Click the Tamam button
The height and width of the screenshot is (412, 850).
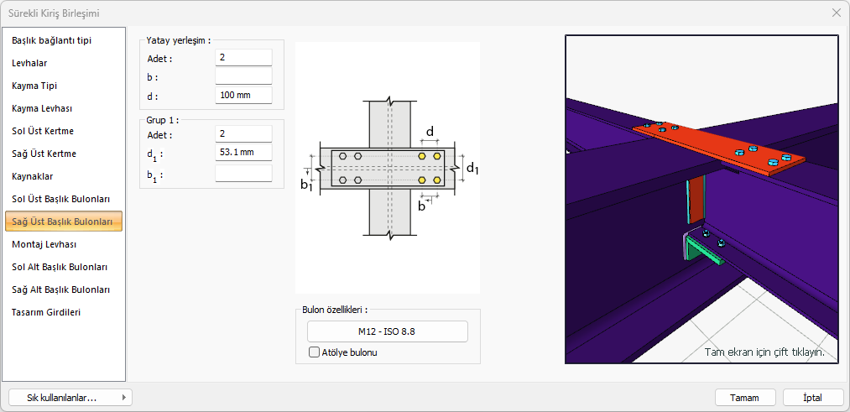click(745, 398)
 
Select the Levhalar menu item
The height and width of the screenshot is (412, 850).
click(30, 63)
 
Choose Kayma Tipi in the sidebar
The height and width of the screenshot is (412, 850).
click(34, 86)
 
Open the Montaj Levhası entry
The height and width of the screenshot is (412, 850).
click(44, 244)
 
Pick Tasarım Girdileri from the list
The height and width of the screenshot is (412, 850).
click(46, 312)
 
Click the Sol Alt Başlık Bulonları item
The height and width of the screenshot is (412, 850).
click(60, 268)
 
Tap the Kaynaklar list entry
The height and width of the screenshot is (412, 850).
click(33, 176)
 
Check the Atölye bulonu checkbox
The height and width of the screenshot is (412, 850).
click(314, 352)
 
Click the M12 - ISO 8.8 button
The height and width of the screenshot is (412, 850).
click(387, 331)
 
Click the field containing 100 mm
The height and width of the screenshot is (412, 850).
click(243, 96)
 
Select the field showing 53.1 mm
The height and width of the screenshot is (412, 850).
click(243, 153)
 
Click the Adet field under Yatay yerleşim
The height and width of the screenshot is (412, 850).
click(243, 57)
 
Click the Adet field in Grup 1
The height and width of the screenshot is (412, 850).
click(243, 133)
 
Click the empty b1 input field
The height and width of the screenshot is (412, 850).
click(243, 174)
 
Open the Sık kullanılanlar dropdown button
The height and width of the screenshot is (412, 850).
click(70, 398)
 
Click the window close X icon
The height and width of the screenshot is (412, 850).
click(836, 13)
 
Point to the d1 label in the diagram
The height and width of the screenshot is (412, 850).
click(472, 169)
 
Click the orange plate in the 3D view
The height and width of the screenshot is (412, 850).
click(719, 149)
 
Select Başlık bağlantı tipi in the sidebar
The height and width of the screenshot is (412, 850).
click(48, 40)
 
